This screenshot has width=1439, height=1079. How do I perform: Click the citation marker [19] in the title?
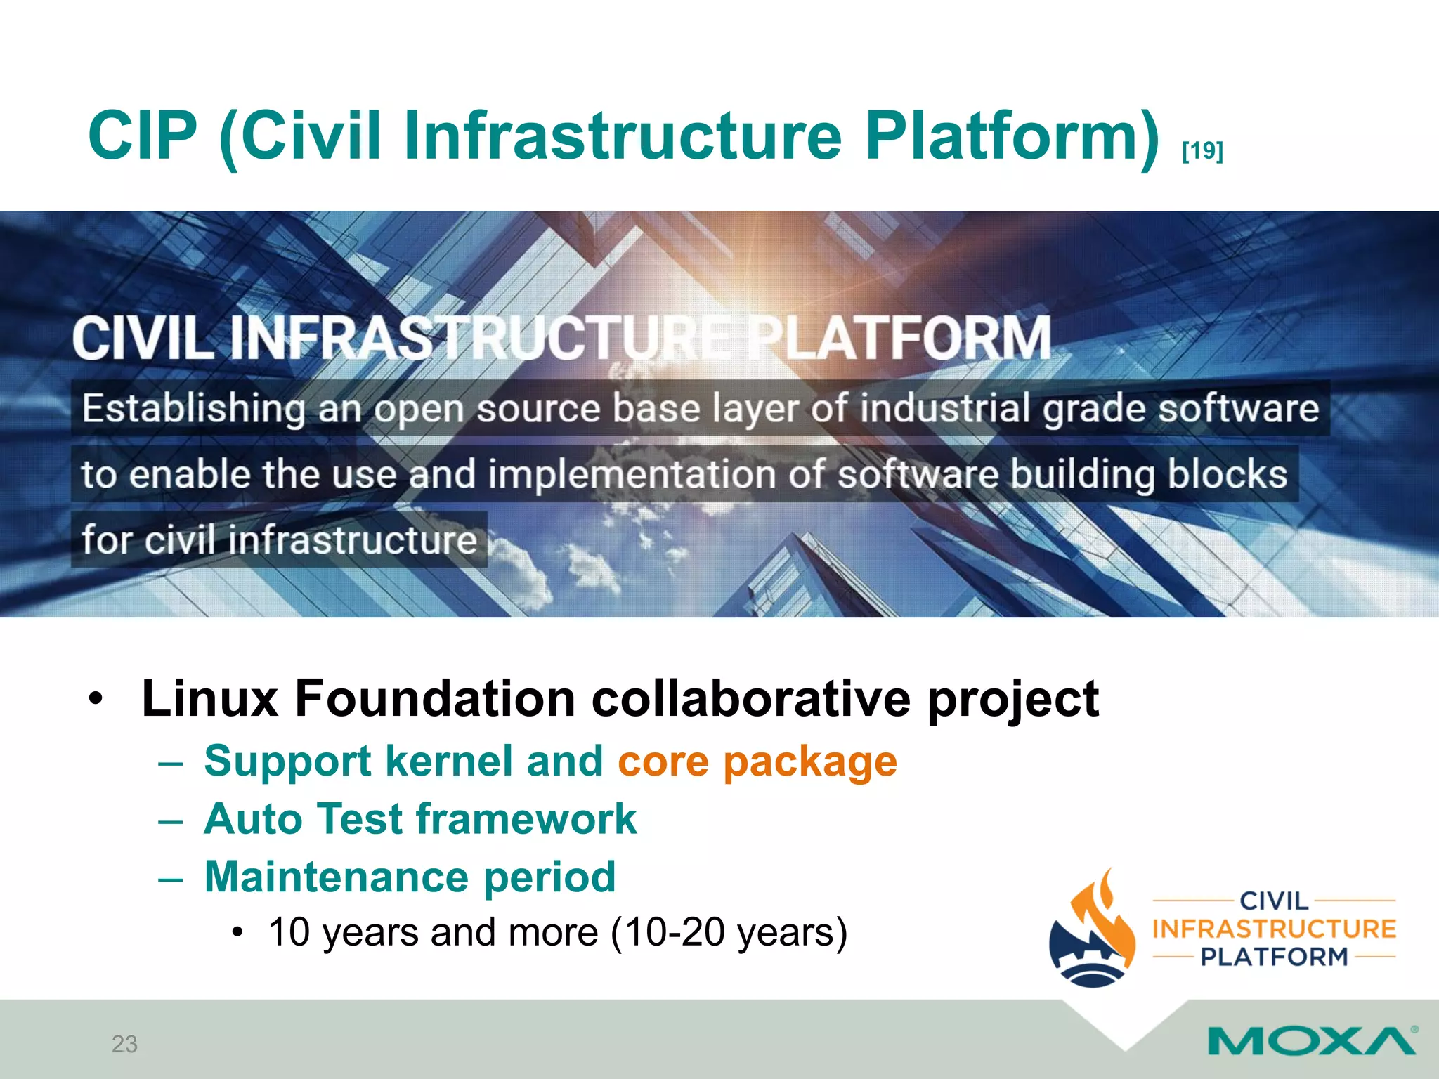point(1202,150)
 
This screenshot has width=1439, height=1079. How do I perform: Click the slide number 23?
point(124,1044)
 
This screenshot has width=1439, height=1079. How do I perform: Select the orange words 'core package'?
point(757,761)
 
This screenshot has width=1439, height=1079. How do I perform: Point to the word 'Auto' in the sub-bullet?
point(253,819)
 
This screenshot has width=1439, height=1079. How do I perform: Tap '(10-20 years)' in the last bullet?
point(729,933)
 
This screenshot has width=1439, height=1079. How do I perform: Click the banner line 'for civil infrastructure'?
point(279,540)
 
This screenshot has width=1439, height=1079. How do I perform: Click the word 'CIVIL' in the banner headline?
point(143,339)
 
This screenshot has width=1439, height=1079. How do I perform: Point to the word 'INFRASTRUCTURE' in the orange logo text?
point(1273,929)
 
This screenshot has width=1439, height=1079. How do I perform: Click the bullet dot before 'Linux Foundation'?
point(96,700)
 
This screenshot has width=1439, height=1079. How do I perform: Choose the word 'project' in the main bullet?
point(1012,700)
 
